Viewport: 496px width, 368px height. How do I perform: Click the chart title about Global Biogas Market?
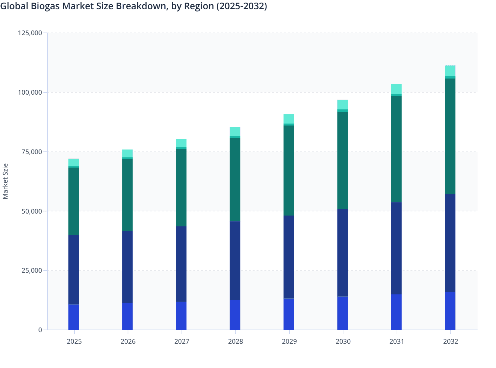click(134, 6)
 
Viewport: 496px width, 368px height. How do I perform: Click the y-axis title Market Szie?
click(5, 181)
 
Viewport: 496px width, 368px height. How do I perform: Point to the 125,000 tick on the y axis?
click(30, 33)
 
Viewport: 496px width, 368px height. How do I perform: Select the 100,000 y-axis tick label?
click(30, 92)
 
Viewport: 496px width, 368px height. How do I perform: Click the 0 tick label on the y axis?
click(40, 330)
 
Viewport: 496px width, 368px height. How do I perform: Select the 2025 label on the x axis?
click(74, 341)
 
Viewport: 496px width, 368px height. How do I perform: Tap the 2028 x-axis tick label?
click(236, 341)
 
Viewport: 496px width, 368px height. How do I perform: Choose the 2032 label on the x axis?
click(450, 341)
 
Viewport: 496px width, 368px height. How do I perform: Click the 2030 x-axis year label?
click(343, 341)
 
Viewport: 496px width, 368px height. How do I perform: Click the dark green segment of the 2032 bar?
click(450, 136)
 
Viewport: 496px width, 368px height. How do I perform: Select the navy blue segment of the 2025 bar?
click(74, 270)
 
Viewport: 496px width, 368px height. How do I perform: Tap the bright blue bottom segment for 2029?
click(289, 314)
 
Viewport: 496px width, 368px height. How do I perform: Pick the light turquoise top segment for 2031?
click(396, 89)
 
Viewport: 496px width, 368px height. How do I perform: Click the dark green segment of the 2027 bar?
click(181, 188)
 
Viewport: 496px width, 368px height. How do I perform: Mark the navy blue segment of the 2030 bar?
click(342, 253)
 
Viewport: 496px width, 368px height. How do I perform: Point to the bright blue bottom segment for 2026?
click(127, 316)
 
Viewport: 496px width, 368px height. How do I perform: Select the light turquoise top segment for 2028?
click(235, 131)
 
